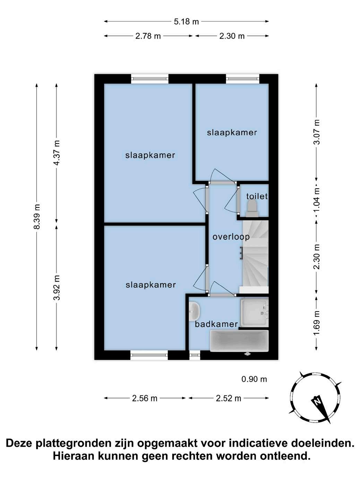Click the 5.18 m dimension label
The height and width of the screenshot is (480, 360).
tap(186, 22)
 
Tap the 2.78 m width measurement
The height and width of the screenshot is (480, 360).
tap(148, 36)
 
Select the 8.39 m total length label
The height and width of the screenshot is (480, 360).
tap(37, 216)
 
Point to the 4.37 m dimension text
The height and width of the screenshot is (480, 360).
tap(57, 153)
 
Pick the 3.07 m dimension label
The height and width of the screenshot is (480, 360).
tap(317, 132)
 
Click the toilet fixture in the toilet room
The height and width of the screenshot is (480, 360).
tap(252, 209)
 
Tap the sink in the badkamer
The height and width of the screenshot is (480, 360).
tap(195, 311)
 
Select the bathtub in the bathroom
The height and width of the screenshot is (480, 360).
tap(239, 341)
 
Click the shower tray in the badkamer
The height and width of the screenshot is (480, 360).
tap(254, 313)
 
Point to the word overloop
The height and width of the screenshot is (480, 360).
tap(231, 237)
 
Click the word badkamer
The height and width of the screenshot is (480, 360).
tap(216, 324)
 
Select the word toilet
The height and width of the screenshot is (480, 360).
tap(257, 196)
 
